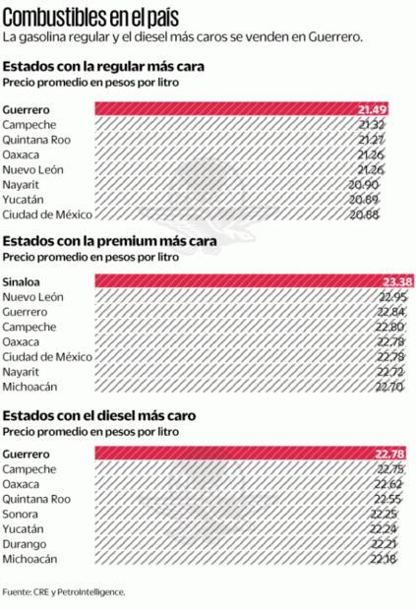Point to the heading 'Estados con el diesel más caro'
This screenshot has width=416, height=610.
point(98,415)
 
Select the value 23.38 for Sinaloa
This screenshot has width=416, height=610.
point(396,282)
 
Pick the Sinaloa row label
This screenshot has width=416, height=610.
point(22,282)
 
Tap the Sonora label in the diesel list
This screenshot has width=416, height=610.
point(22,514)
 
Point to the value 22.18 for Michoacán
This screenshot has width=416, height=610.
point(385,559)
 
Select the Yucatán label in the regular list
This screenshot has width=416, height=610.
point(25,199)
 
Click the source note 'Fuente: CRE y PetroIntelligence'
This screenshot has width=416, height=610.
point(64,592)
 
